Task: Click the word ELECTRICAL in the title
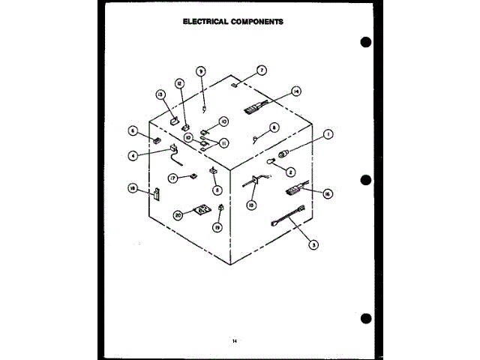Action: [207, 22]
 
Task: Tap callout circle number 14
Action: [296, 91]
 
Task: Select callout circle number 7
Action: [262, 70]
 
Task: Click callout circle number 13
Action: [160, 94]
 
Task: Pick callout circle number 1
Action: [328, 134]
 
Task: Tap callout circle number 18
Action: [132, 189]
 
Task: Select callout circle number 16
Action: [327, 193]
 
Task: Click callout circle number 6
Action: [132, 130]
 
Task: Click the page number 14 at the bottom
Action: [235, 342]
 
